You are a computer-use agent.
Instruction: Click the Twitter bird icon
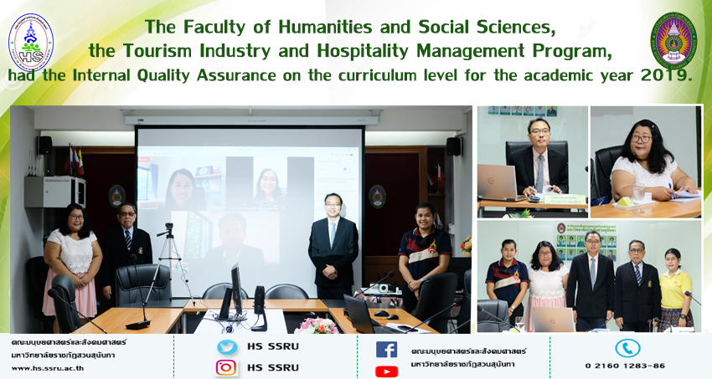pyautogui.click(x=227, y=347)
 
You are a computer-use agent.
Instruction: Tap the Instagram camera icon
pyautogui.click(x=226, y=367)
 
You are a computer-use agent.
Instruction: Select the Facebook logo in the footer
pyautogui.click(x=386, y=350)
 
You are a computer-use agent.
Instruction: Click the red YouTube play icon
pyautogui.click(x=386, y=371)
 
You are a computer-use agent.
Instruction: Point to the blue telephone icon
pyautogui.click(x=627, y=348)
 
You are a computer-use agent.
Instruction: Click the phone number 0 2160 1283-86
pyautogui.click(x=625, y=366)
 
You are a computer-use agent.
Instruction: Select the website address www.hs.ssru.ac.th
pyautogui.click(x=48, y=368)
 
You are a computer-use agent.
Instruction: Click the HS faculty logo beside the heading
pyautogui.click(x=31, y=43)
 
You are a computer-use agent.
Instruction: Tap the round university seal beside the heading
pyautogui.click(x=673, y=40)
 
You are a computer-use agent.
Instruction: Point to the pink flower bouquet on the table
pyautogui.click(x=317, y=325)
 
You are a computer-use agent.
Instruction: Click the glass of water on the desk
pyautogui.click(x=638, y=197)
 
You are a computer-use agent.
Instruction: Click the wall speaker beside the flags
pyautogui.click(x=44, y=146)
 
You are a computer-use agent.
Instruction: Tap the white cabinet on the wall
pyautogui.click(x=55, y=192)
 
